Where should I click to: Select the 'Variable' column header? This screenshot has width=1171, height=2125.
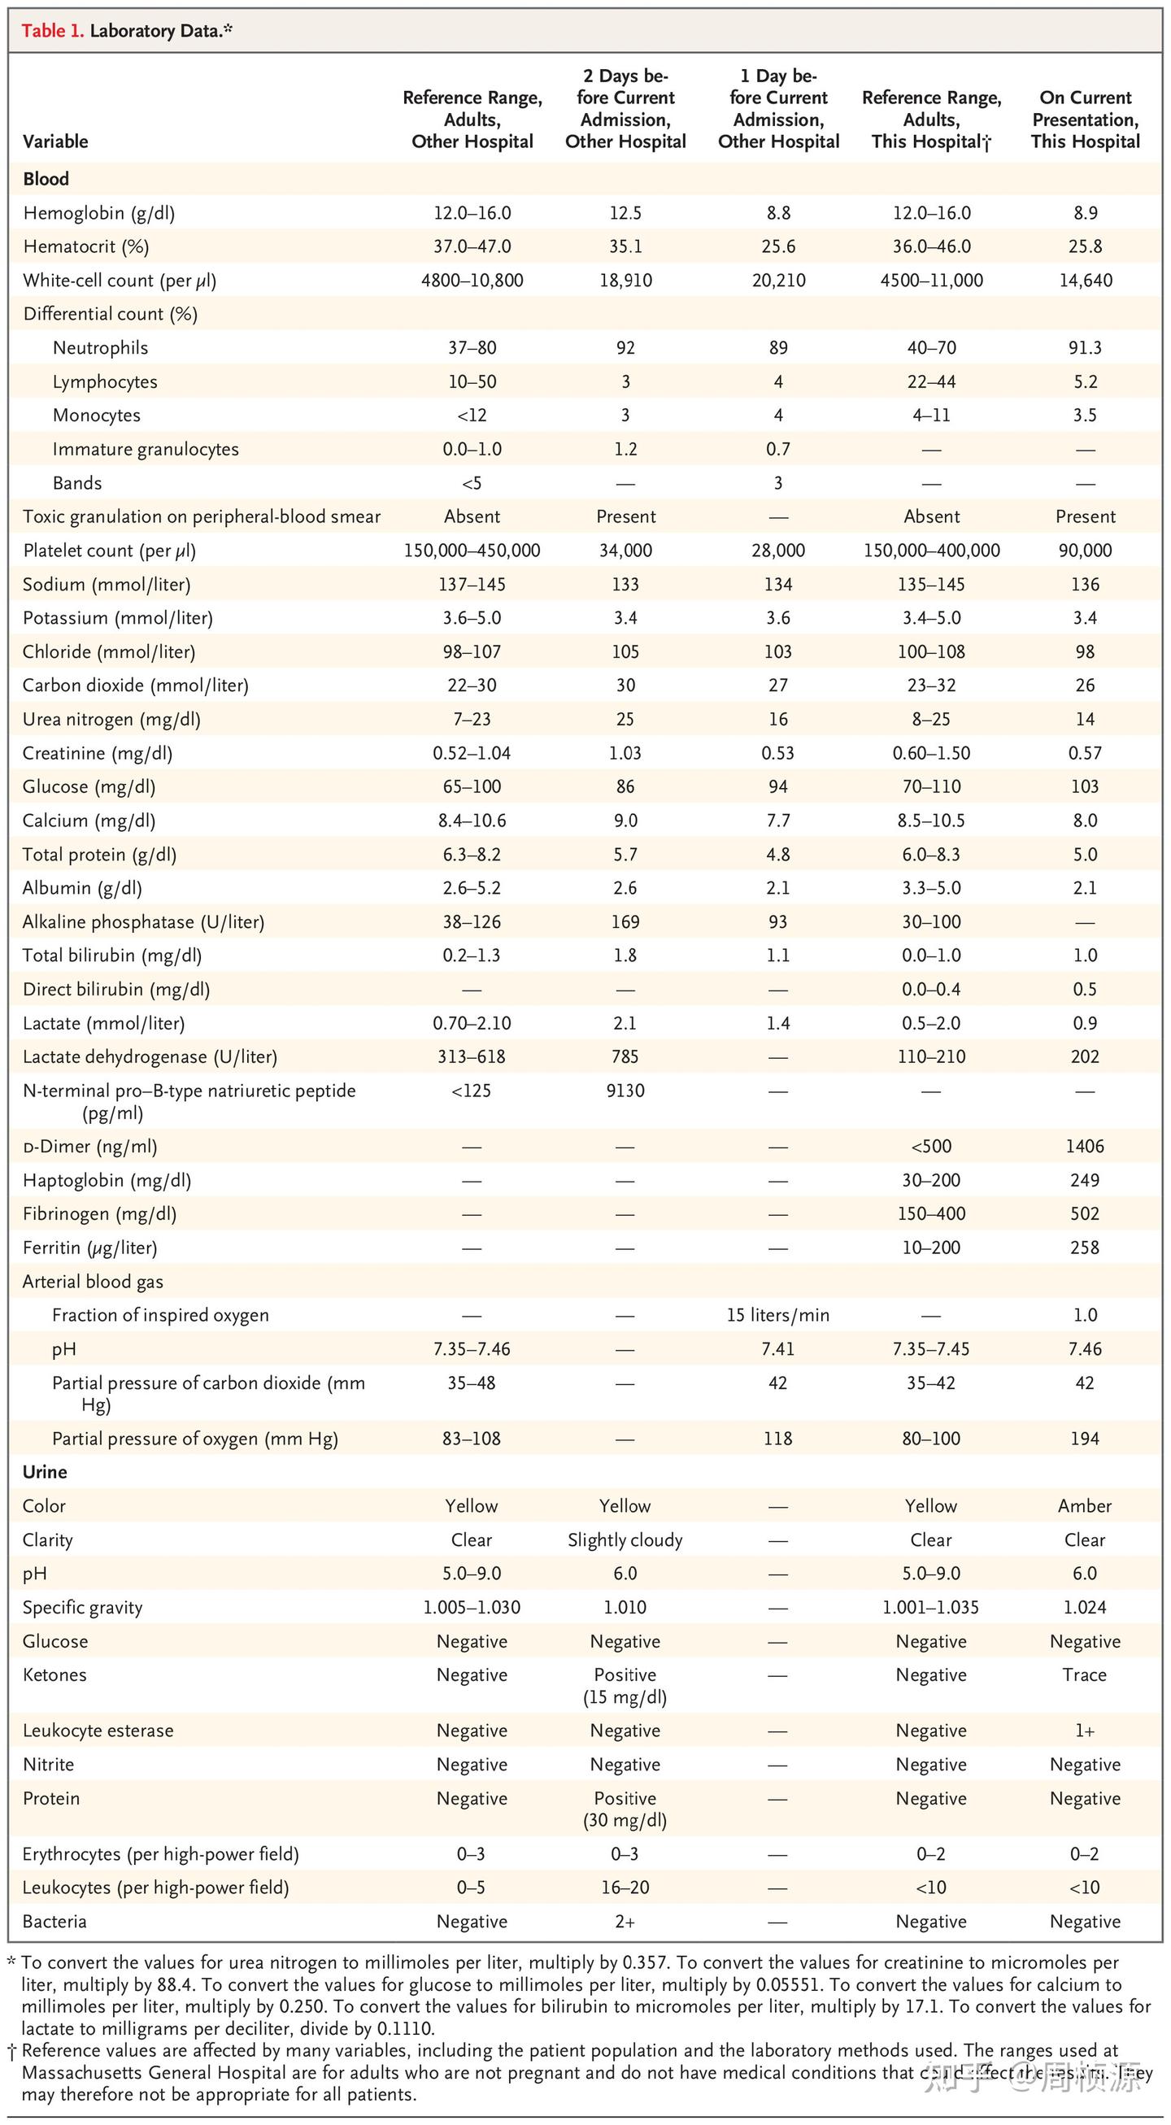55,141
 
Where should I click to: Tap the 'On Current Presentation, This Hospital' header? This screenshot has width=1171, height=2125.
1085,120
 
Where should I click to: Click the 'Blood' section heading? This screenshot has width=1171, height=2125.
46,179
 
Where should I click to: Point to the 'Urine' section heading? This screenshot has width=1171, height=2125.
45,1473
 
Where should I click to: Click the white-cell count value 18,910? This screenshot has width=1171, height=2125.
625,281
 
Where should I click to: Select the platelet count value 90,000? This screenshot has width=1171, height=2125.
1085,551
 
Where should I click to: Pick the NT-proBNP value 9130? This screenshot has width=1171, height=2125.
625,1091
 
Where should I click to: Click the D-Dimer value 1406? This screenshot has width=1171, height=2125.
1085,1147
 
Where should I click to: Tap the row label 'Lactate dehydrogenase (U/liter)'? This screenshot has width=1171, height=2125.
150,1056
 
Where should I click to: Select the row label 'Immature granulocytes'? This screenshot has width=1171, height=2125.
145,450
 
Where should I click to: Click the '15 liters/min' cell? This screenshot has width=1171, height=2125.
777,1316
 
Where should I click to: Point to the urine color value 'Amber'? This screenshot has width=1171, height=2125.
1085,1506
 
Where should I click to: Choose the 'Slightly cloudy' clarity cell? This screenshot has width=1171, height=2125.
625,1540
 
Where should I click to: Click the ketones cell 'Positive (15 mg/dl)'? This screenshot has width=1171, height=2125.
625,1686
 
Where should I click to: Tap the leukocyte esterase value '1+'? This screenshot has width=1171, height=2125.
1085,1731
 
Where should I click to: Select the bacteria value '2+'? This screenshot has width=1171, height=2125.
625,1922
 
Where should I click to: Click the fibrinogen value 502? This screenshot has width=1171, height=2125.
1085,1214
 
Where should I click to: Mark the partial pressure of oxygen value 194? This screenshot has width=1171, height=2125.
1085,1439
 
